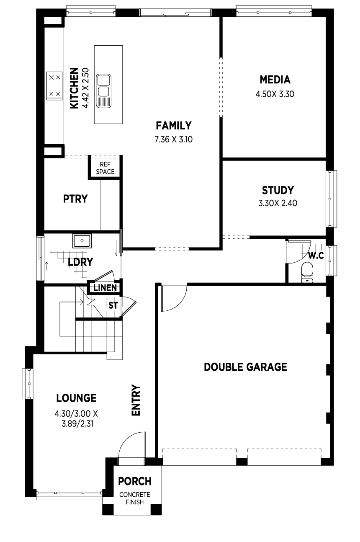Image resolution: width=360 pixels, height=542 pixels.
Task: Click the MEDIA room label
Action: point(275,80)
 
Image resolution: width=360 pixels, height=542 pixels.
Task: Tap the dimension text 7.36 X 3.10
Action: point(173,139)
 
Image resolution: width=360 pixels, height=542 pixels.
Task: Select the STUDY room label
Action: point(278,190)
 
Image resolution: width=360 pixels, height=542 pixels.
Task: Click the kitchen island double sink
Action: point(104,91)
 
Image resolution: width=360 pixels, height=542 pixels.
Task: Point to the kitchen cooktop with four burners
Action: point(54,85)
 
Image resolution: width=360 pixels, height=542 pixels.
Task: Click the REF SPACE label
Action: point(105,168)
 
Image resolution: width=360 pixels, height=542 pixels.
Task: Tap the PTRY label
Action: point(75,199)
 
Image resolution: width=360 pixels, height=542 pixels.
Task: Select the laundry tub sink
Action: point(82,241)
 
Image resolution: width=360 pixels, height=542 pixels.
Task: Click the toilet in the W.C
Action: point(307,272)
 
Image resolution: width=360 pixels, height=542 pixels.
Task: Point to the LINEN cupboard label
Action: point(105,288)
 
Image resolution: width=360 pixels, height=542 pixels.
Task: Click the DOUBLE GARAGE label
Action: point(245,367)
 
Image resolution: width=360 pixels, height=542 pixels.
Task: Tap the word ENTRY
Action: point(136,400)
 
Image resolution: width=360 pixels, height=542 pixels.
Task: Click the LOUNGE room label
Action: point(77,398)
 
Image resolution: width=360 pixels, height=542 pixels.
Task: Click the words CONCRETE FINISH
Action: point(135,498)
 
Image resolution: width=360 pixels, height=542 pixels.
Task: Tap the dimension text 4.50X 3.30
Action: point(275,94)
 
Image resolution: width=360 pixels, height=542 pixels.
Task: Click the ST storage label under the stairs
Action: point(113,306)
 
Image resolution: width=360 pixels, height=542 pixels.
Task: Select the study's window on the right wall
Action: point(331,199)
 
